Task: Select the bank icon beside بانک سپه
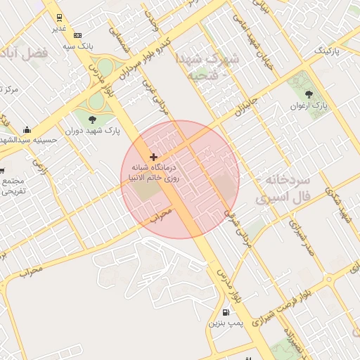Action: [x=77, y=35]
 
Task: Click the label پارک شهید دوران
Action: [x=92, y=130]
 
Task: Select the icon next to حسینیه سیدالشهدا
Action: [x=27, y=129]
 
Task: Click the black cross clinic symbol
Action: [x=154, y=157]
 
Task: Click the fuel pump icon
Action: [x=226, y=312]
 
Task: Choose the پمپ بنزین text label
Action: [x=225, y=324]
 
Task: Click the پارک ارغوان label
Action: [x=309, y=106]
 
